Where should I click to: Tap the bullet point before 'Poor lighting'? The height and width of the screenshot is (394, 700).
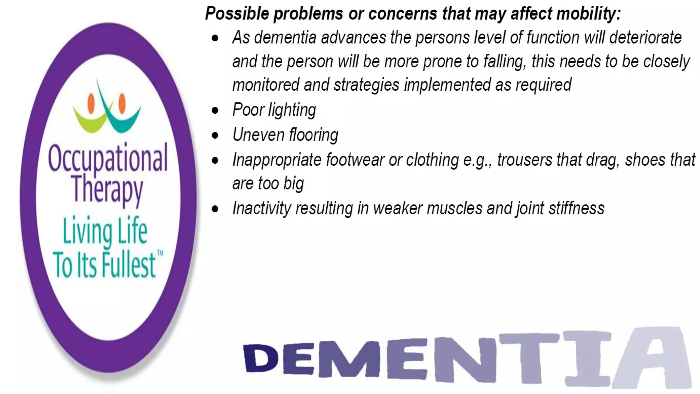tap(215, 110)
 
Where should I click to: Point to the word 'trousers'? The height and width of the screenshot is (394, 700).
tap(524, 160)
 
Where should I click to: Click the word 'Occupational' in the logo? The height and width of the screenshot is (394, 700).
tap(108, 158)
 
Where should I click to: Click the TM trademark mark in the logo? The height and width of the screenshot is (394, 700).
tap(160, 253)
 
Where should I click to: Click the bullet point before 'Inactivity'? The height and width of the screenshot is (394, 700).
tap(215, 209)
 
